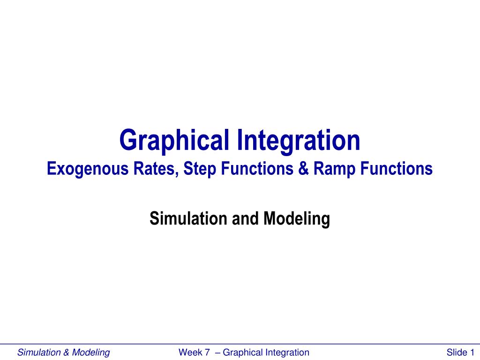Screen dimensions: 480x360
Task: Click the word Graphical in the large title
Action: coord(174,141)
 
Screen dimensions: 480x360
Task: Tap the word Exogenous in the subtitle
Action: coord(88,169)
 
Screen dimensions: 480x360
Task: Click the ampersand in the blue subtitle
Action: coord(304,169)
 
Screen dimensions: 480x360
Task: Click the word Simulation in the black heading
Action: coord(188,218)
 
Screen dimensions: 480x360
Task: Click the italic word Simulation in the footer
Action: coord(38,352)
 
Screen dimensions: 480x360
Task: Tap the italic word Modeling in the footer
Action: coord(91,353)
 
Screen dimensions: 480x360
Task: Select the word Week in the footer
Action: coord(190,352)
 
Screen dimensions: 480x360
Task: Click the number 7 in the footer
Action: coord(207,352)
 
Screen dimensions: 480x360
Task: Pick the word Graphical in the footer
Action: coord(242,353)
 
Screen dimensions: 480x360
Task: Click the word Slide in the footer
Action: coord(457,352)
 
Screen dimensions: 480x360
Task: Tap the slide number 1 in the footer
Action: coord(472,352)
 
